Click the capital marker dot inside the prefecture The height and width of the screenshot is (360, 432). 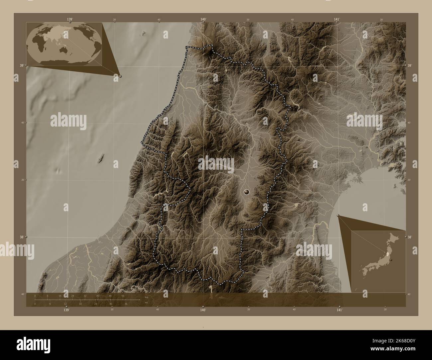(246, 191)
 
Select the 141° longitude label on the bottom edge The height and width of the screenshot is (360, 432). (339, 310)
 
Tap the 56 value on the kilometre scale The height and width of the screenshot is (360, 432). (123, 296)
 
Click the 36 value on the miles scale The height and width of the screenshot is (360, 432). (126, 304)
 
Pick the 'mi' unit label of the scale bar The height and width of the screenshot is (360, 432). (146, 302)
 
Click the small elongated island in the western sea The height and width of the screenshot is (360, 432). (101, 159)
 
